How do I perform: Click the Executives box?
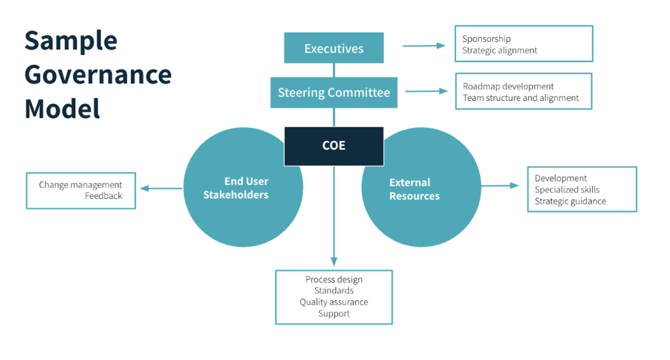click(334, 48)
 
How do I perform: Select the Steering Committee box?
click(334, 92)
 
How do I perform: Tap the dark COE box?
click(334, 145)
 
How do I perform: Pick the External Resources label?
click(414, 189)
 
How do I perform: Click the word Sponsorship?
click(486, 39)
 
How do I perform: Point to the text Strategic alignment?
click(499, 50)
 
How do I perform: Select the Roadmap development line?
click(508, 86)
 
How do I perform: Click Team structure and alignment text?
click(520, 98)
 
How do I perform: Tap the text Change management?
click(80, 185)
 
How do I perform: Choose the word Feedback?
click(103, 196)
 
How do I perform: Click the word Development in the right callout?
click(561, 178)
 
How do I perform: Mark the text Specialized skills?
click(567, 190)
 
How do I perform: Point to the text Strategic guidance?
click(570, 201)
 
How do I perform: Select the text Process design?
click(334, 279)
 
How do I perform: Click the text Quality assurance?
click(334, 302)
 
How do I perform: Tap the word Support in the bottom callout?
click(334, 314)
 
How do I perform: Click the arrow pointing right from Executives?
click(423, 46)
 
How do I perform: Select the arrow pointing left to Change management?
click(161, 189)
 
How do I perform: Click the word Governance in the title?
click(98, 75)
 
